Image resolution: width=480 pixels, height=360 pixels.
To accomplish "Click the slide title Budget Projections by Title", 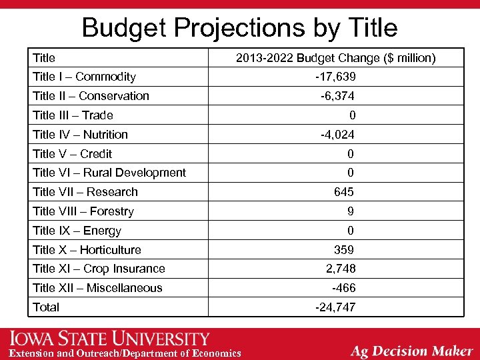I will (239, 27).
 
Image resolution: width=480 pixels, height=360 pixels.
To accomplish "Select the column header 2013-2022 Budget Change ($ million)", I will (335, 58).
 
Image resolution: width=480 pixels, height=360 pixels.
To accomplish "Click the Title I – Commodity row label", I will (84, 77).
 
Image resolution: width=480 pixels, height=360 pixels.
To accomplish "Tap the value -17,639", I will (335, 77).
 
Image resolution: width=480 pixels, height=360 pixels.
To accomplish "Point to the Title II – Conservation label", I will (91, 96).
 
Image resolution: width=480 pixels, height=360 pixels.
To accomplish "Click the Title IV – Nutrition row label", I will (80, 135).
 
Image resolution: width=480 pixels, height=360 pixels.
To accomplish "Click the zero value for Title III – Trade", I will (352, 115).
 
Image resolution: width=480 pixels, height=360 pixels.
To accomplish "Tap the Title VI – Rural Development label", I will (109, 173).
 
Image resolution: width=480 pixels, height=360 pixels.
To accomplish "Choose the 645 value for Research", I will (343, 192).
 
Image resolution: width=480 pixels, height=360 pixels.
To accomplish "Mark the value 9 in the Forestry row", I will (351, 211).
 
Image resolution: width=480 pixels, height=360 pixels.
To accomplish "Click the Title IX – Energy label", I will (77, 231).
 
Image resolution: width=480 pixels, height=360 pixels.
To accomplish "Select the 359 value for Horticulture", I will (343, 250).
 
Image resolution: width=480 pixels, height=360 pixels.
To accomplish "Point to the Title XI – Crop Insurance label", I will (99, 269).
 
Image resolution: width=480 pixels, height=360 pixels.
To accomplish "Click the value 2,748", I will (340, 269).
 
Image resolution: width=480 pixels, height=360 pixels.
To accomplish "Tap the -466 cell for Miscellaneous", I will (343, 288).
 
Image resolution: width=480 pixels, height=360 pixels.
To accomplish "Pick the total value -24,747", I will (335, 307).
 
